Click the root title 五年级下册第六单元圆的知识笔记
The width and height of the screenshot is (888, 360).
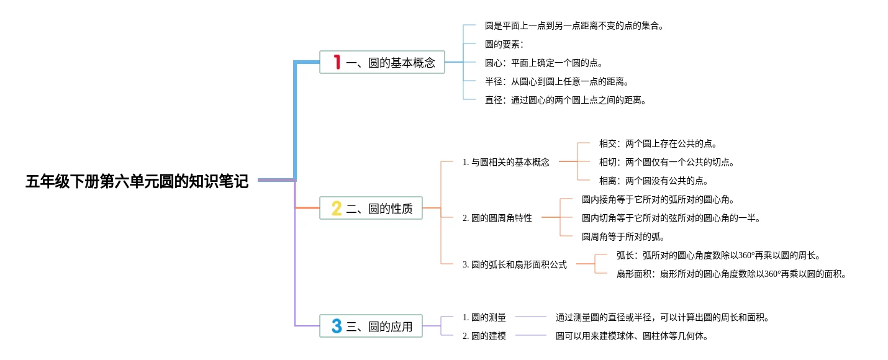click(137, 181)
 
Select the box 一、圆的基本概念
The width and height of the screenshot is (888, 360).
click(382, 62)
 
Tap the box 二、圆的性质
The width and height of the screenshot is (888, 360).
click(371, 208)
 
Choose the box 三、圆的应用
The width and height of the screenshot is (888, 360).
click(371, 326)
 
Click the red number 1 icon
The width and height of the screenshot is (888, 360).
click(337, 62)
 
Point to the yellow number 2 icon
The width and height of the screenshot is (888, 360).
click(337, 209)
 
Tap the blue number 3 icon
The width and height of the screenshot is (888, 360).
click(337, 326)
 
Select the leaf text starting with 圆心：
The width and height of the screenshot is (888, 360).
click(544, 63)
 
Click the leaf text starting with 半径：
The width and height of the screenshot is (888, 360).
click(557, 81)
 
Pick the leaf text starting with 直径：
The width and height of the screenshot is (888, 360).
click(566, 100)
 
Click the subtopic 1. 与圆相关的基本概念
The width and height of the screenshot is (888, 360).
click(506, 162)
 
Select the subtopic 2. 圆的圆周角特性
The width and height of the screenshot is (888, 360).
click(497, 218)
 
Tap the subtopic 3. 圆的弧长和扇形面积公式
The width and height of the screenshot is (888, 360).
click(515, 264)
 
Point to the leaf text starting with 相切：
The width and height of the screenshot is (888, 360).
click(667, 162)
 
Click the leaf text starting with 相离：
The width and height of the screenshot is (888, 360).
click(654, 181)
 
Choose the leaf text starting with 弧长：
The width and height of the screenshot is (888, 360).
click(718, 255)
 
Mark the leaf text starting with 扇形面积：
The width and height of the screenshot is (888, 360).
click(732, 274)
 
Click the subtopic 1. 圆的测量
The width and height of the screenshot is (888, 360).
click(484, 317)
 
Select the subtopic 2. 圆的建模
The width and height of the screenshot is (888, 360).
click(484, 336)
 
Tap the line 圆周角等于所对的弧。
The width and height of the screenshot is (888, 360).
click(623, 236)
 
